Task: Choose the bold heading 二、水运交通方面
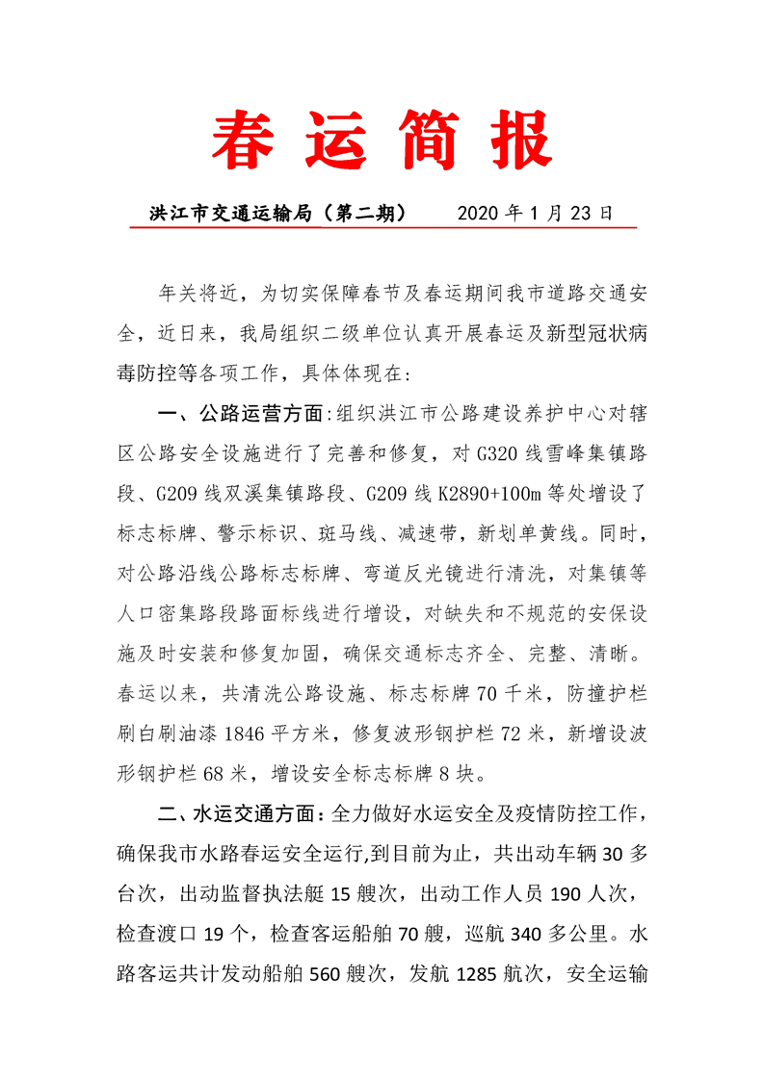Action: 240,814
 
